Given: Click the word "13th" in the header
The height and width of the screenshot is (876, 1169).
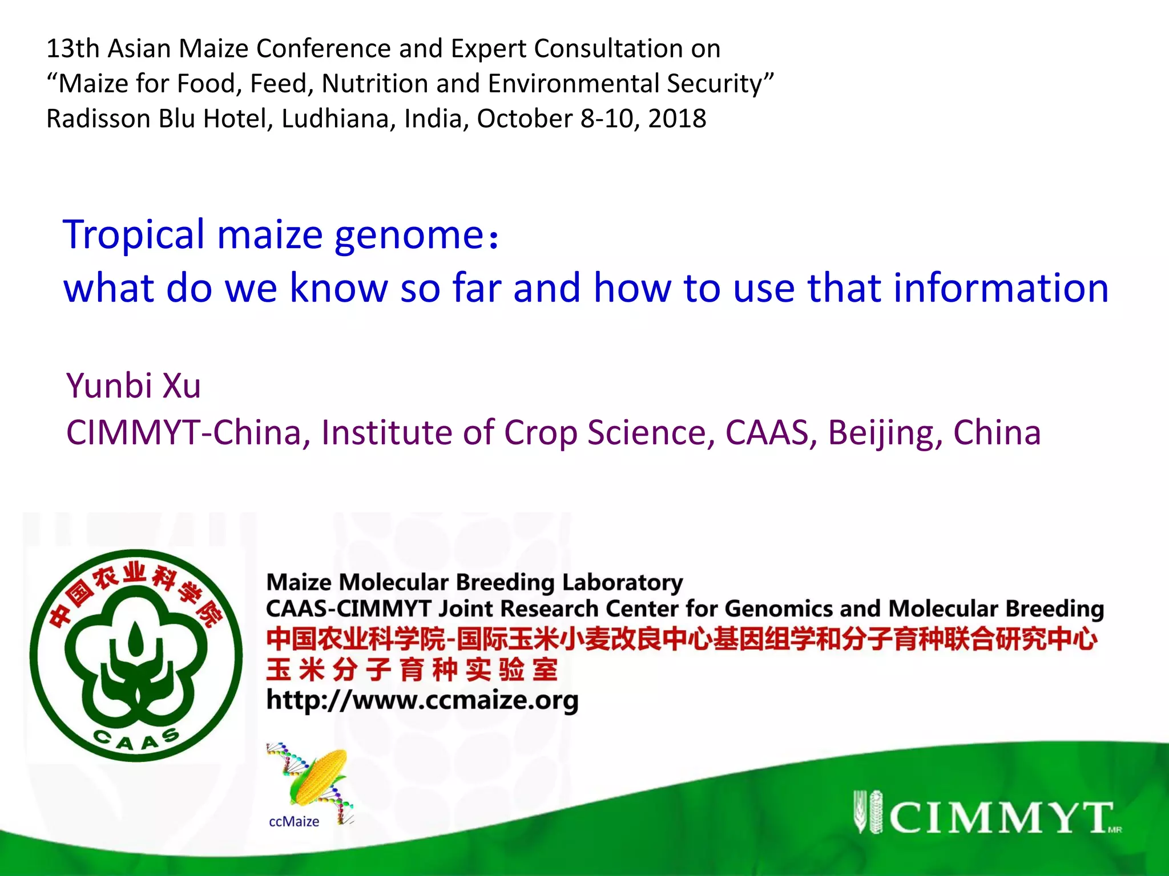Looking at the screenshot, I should coord(72,48).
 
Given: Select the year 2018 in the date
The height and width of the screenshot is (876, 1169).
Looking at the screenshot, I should coord(677,119).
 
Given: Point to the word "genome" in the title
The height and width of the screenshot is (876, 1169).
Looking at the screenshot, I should coord(409,235).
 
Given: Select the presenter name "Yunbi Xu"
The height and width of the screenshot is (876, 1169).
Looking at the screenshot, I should coord(134,386).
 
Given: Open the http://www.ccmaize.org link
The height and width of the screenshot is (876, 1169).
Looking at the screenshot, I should coord(422,700).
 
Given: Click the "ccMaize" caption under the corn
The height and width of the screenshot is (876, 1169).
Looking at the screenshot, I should coord(294,821).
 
